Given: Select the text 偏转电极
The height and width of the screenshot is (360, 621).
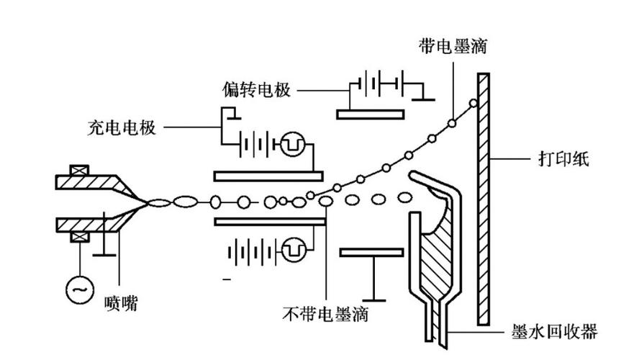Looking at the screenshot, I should point(256,90).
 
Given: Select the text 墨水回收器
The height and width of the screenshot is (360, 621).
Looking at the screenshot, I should point(561,332).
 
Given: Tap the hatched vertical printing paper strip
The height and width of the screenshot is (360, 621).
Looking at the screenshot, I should point(483,198).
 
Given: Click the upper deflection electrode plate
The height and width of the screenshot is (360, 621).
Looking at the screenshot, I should point(370,114).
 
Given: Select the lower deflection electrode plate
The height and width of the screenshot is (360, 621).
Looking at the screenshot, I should point(371,252).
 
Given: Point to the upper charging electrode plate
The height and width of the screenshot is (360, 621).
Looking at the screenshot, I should point(268,175).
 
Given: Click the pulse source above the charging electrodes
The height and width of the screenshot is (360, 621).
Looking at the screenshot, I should point(293,143).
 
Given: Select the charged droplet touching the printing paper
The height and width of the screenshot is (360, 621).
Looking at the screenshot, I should point(473,103).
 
